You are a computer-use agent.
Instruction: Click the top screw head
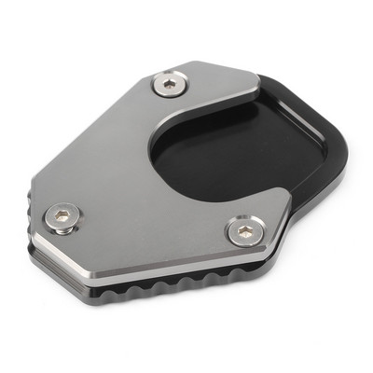(168, 85)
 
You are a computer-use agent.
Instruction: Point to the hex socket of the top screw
(168, 85)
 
